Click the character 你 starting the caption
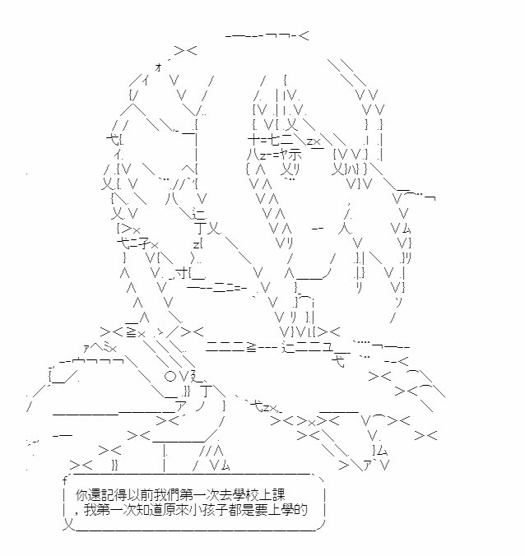pyautogui.click(x=81, y=495)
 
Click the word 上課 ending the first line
pyautogui.click(x=273, y=495)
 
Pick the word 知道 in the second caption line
pyautogui.click(x=148, y=510)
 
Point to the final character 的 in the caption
pyautogui.click(x=301, y=510)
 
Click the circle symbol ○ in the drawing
pyautogui.click(x=170, y=376)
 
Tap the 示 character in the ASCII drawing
pyautogui.click(x=295, y=155)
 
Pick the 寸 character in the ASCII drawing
pyautogui.click(x=181, y=273)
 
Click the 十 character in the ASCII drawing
pyautogui.click(x=254, y=140)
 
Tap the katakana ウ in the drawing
pyautogui.click(x=80, y=362)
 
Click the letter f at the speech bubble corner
pyautogui.click(x=64, y=481)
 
